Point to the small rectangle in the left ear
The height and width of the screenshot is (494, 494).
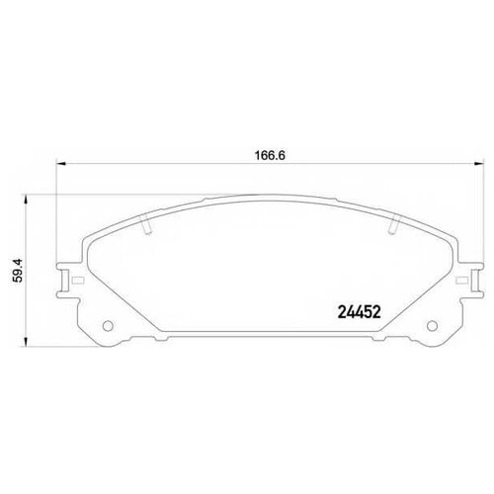coord(66,282)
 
